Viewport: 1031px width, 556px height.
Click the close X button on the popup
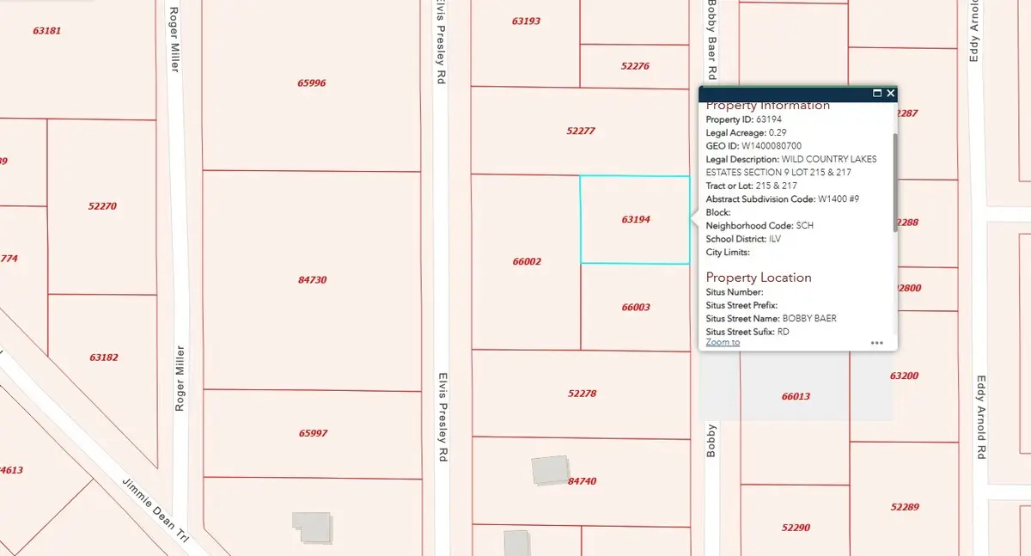[891, 93]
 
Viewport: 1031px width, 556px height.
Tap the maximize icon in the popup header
[877, 93]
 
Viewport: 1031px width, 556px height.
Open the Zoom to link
[723, 342]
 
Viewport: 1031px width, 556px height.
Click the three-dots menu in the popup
[876, 343]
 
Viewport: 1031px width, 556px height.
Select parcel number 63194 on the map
[636, 219]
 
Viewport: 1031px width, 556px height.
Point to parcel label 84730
[311, 279]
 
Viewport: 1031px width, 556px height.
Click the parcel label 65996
[311, 83]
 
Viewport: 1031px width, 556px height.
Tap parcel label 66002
[526, 261]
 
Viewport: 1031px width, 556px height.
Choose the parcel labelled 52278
[582, 394]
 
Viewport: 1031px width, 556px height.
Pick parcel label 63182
[103, 356]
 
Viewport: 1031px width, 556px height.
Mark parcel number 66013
[796, 396]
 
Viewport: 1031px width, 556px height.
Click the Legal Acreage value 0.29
[778, 132]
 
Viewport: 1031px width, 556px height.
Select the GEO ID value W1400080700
[772, 146]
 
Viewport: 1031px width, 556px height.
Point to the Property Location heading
[759, 278]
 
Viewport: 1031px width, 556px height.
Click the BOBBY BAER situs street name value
[807, 318]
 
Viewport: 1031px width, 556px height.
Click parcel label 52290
[796, 527]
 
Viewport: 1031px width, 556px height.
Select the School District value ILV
[774, 239]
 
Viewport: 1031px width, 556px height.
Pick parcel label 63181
[46, 30]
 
